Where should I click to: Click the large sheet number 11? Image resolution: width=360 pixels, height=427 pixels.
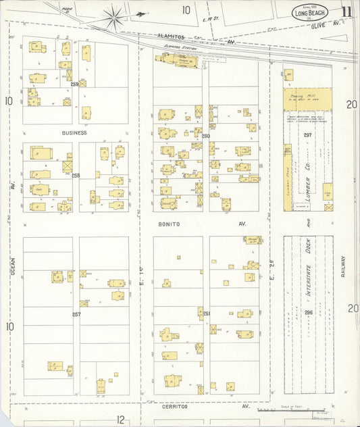click(346, 11)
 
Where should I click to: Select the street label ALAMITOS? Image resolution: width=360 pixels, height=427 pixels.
click(171, 36)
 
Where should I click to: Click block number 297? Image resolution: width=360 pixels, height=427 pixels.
click(307, 136)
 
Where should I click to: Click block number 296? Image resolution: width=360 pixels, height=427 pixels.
click(308, 312)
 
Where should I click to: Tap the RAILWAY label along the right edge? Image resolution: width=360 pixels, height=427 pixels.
click(342, 270)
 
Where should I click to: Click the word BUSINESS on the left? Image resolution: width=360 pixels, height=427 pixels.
click(75, 133)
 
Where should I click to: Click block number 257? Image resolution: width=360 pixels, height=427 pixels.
click(76, 314)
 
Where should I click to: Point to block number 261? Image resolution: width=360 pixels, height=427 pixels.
click(206, 313)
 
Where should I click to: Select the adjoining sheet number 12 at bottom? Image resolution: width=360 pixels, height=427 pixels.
click(120, 419)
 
